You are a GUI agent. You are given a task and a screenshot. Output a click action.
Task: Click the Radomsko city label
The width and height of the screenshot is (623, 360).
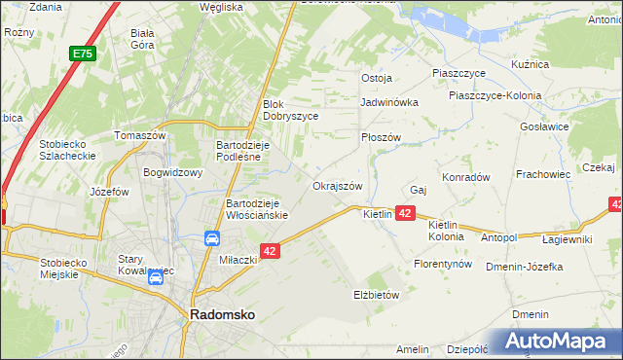tap(222, 315)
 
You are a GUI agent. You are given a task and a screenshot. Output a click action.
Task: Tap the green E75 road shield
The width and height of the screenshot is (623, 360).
tap(82, 55)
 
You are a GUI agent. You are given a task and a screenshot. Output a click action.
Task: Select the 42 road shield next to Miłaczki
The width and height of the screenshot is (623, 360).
tap(271, 251)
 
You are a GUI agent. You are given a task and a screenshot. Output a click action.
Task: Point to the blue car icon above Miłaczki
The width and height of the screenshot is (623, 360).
tap(211, 238)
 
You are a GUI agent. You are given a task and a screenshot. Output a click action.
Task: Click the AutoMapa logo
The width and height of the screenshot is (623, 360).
tap(556, 342)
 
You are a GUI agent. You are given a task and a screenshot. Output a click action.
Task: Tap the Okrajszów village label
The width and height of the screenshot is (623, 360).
tap(338, 186)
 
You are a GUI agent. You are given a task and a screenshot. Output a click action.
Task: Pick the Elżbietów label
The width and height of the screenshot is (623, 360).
tap(377, 294)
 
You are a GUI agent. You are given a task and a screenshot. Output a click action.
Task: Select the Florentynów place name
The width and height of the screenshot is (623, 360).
tap(443, 264)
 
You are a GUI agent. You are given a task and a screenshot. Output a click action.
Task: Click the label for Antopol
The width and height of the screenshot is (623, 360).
tap(498, 236)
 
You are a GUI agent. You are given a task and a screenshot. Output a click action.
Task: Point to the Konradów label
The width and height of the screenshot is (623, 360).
tap(465, 177)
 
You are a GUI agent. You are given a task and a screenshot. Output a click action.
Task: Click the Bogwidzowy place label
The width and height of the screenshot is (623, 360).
tap(172, 173)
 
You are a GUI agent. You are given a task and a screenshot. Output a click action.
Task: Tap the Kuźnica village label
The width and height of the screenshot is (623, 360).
tap(531, 64)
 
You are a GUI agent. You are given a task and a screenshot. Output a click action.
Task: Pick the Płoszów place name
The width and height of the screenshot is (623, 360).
tap(381, 138)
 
